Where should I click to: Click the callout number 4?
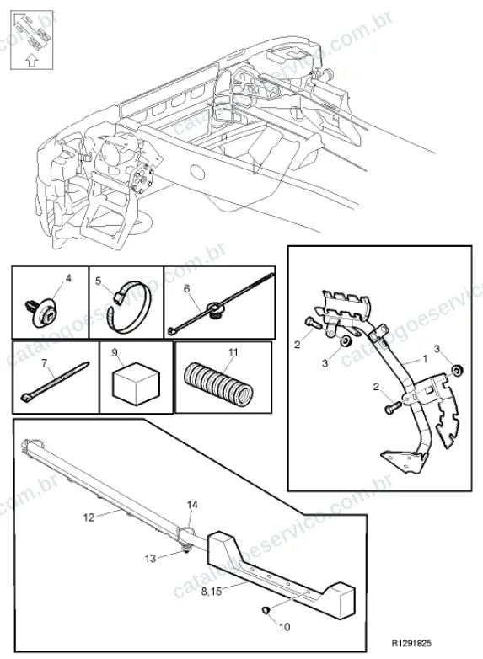68,278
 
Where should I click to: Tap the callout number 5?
99,281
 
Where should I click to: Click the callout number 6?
186,288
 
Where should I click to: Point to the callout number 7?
45,362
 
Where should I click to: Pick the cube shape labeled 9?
137,383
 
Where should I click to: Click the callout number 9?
115,353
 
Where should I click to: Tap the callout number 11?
233,351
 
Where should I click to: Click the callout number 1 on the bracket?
425,358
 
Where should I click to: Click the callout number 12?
89,517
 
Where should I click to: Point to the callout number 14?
192,504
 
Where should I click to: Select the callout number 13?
150,559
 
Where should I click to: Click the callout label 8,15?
211,592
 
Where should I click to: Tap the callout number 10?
285,627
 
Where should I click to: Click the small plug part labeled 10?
266,609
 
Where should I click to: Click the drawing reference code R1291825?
411,643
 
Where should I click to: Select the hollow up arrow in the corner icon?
31,60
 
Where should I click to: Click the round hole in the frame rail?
197,172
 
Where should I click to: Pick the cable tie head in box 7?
26,396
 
